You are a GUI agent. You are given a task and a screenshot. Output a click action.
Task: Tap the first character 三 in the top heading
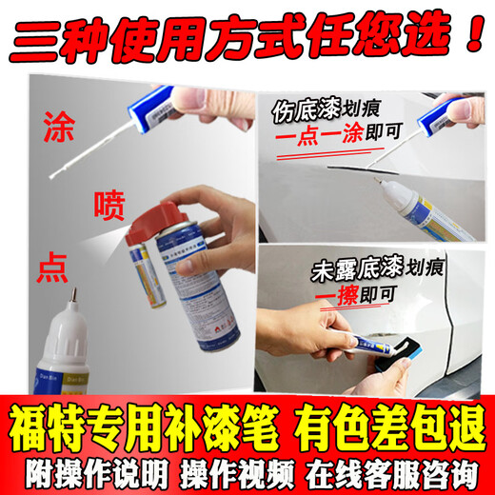coord(38,30)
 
